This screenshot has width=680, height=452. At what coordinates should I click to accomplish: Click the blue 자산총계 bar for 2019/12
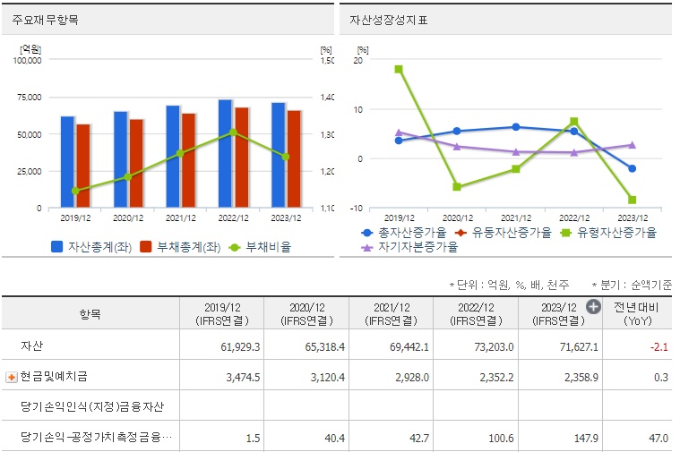(x=67, y=162)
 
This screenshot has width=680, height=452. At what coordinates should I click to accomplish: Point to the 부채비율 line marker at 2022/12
(x=233, y=132)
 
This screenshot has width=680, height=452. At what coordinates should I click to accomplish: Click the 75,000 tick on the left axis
(x=28, y=98)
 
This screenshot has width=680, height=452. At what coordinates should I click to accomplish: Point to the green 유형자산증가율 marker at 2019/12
(x=399, y=69)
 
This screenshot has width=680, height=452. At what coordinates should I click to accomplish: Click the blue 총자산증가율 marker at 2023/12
(x=632, y=168)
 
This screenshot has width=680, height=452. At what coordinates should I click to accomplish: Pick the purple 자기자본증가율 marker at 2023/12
(x=632, y=145)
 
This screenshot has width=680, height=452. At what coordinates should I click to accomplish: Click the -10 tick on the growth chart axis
(x=357, y=208)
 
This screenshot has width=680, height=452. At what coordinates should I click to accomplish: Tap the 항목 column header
(x=90, y=314)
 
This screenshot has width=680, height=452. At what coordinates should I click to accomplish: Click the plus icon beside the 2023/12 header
(x=593, y=307)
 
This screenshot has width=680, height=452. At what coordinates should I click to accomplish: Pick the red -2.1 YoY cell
(x=658, y=345)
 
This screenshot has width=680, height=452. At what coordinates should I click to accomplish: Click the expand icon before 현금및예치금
(x=12, y=377)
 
